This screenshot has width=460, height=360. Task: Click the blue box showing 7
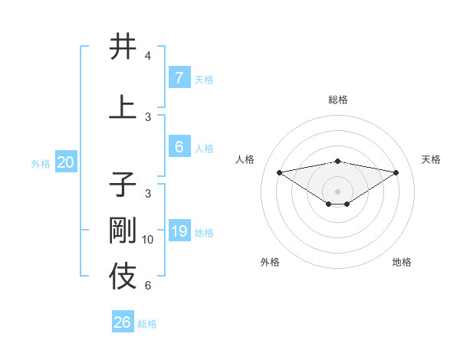(179, 78)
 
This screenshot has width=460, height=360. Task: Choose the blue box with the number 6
(179, 147)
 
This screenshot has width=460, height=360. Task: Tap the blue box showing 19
(179, 231)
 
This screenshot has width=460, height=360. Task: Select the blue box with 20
(65, 162)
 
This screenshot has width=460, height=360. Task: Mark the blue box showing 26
(123, 322)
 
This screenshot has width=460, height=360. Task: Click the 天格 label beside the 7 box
(204, 79)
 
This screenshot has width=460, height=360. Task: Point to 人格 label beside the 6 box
(204, 148)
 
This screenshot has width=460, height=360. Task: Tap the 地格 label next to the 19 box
(204, 232)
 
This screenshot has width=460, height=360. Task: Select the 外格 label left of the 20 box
(41, 163)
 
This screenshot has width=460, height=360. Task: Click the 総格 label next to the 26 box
(147, 324)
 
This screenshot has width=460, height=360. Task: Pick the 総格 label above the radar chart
(337, 100)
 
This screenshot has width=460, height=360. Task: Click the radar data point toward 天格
(396, 172)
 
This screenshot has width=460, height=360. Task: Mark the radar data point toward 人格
(279, 172)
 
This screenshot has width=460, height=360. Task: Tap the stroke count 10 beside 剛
(148, 240)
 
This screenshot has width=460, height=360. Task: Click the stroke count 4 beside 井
(147, 56)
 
